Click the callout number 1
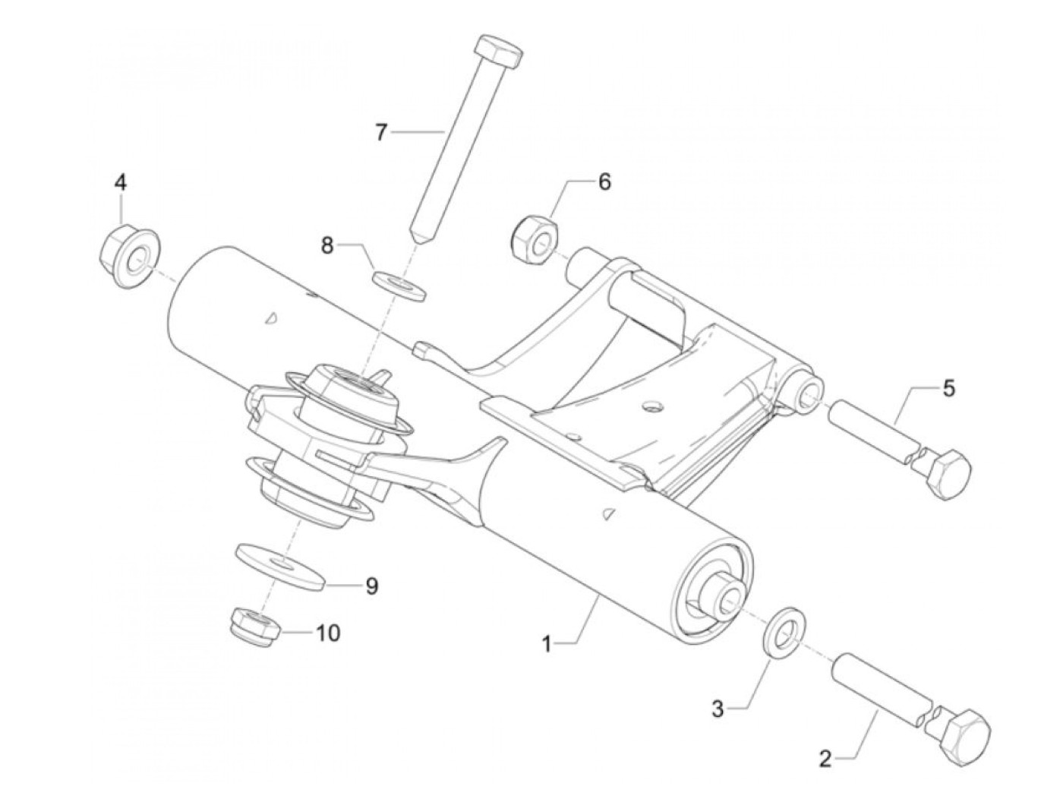click(547, 644)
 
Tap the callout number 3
click(718, 709)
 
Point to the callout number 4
click(121, 182)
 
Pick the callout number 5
click(949, 388)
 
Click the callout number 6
click(604, 182)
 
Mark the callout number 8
click(327, 245)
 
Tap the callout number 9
click(371, 586)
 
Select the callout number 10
click(329, 632)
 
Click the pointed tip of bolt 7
click(416, 232)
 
